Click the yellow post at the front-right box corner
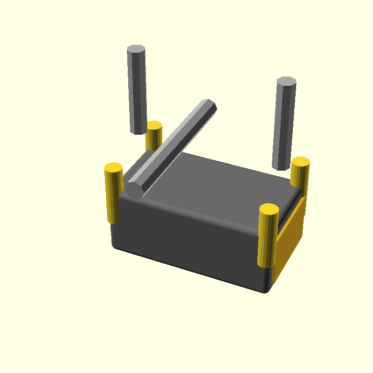point(268,238)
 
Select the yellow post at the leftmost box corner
point(113,193)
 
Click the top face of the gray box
point(219,182)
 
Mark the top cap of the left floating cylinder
point(136,49)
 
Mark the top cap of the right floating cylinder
point(286,81)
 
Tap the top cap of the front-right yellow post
point(269,209)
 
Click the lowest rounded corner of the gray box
point(266,290)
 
